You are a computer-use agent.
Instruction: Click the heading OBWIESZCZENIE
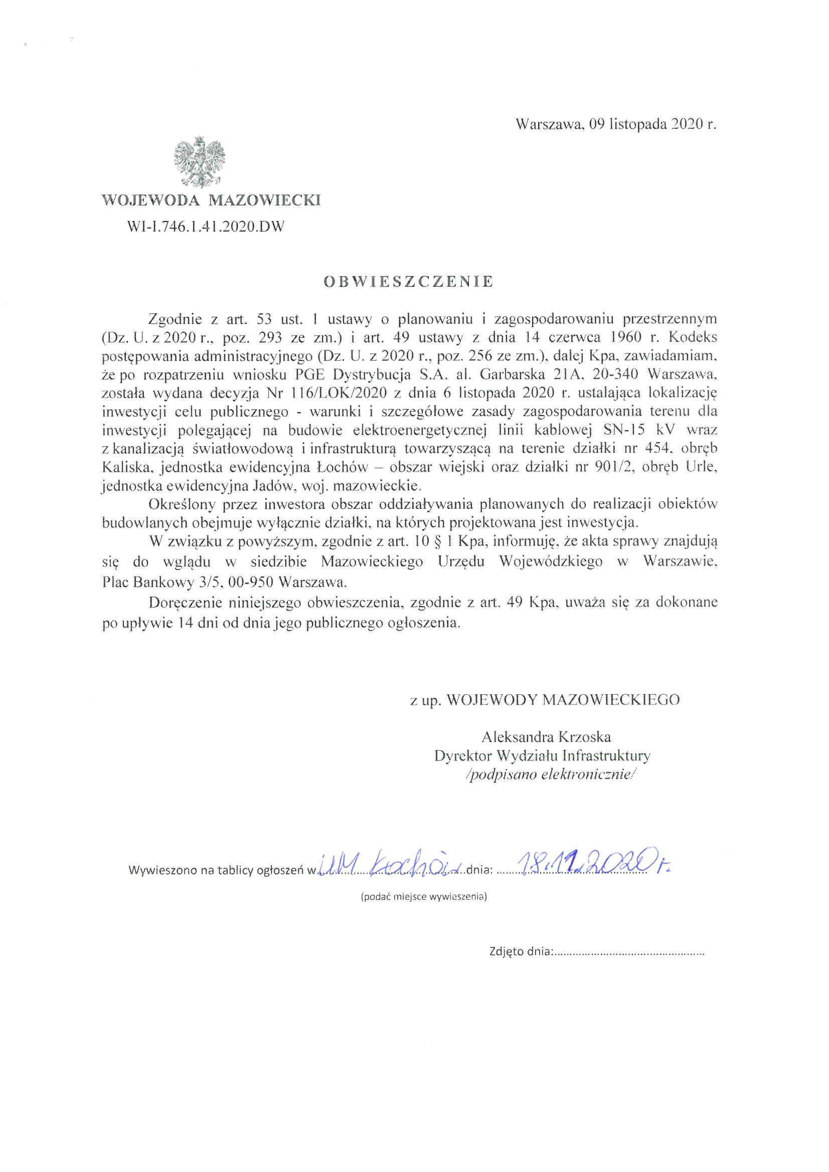point(409,282)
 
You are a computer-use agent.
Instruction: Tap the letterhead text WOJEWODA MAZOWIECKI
point(212,200)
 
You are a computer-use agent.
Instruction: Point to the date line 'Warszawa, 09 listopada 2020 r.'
point(616,124)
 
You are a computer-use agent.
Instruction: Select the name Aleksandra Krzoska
point(546,736)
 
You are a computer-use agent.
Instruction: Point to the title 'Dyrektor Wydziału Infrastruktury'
point(542,755)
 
